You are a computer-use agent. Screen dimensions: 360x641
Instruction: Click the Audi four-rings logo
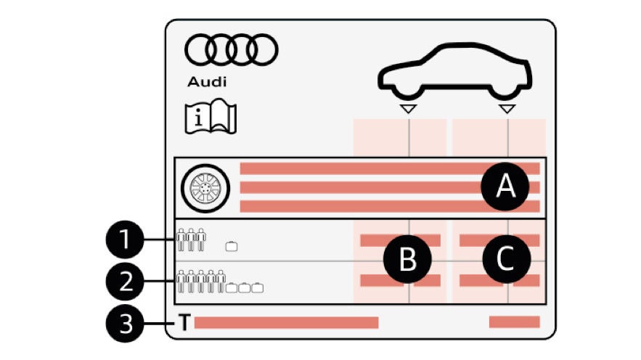[x=232, y=49]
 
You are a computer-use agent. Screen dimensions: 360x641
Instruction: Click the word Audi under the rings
[x=207, y=81]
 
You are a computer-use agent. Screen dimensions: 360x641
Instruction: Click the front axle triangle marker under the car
[x=409, y=109]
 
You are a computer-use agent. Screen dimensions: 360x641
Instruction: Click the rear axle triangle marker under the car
[x=507, y=109]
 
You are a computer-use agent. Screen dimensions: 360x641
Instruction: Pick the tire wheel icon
[x=205, y=187]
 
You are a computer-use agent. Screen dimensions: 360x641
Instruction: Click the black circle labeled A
[x=505, y=187]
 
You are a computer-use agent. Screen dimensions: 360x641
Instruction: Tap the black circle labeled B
[x=408, y=259]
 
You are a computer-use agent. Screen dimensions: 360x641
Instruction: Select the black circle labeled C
[x=505, y=258]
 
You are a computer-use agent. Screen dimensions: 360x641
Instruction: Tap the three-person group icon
[x=192, y=240]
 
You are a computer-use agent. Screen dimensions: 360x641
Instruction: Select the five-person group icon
[x=201, y=281]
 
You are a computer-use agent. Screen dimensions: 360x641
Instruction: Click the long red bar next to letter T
[x=286, y=322]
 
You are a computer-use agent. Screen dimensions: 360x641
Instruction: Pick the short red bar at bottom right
[x=514, y=322]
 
